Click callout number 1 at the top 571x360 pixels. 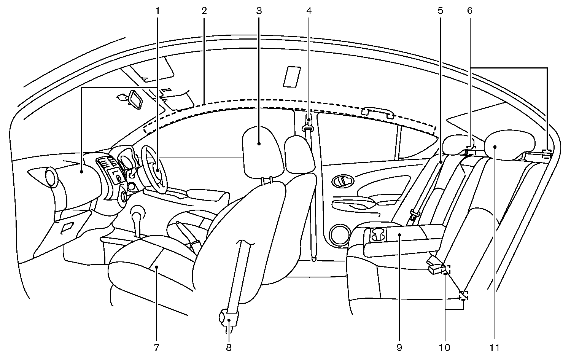pos(157,11)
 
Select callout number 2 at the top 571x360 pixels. pos(204,11)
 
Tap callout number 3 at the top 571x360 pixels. pos(259,11)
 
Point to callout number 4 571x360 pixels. pos(309,11)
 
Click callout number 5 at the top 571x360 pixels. pos(440,11)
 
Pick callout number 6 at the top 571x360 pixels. pos(470,11)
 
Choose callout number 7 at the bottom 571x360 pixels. pos(156,347)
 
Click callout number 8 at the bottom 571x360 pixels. pos(229,347)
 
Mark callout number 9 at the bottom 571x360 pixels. pos(399,347)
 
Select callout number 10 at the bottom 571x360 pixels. pos(444,347)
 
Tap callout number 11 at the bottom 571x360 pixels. pos(495,347)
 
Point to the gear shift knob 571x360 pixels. pos(138,212)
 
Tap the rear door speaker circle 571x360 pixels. pos(339,236)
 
